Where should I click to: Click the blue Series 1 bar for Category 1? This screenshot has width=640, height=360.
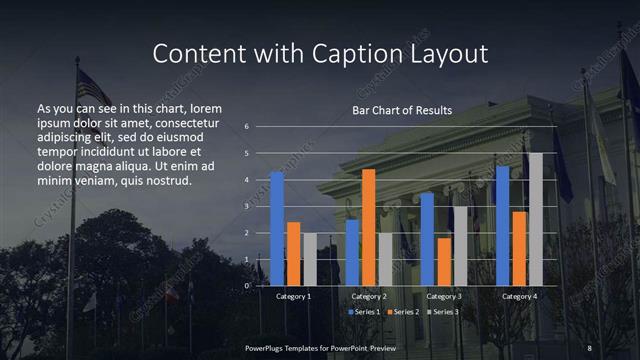click(x=277, y=228)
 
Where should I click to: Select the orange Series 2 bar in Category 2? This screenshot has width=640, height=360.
click(x=368, y=227)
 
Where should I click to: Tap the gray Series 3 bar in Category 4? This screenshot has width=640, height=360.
click(x=535, y=219)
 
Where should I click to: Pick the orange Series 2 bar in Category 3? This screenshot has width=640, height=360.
click(x=444, y=261)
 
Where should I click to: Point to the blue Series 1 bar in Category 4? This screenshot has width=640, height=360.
click(x=503, y=226)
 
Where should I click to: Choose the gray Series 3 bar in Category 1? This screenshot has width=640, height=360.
click(x=309, y=259)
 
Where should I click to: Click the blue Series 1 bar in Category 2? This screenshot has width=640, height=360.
click(x=352, y=252)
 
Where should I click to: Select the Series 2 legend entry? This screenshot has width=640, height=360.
click(x=403, y=313)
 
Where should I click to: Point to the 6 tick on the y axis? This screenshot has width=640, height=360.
click(x=246, y=127)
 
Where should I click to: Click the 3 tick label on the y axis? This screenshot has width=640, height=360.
click(x=246, y=206)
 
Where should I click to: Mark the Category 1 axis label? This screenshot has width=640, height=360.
click(x=293, y=296)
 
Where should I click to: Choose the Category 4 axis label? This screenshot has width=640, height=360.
click(x=519, y=296)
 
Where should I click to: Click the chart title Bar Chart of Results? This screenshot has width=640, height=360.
click(x=402, y=110)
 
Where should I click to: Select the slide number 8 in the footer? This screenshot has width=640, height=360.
click(x=589, y=347)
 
